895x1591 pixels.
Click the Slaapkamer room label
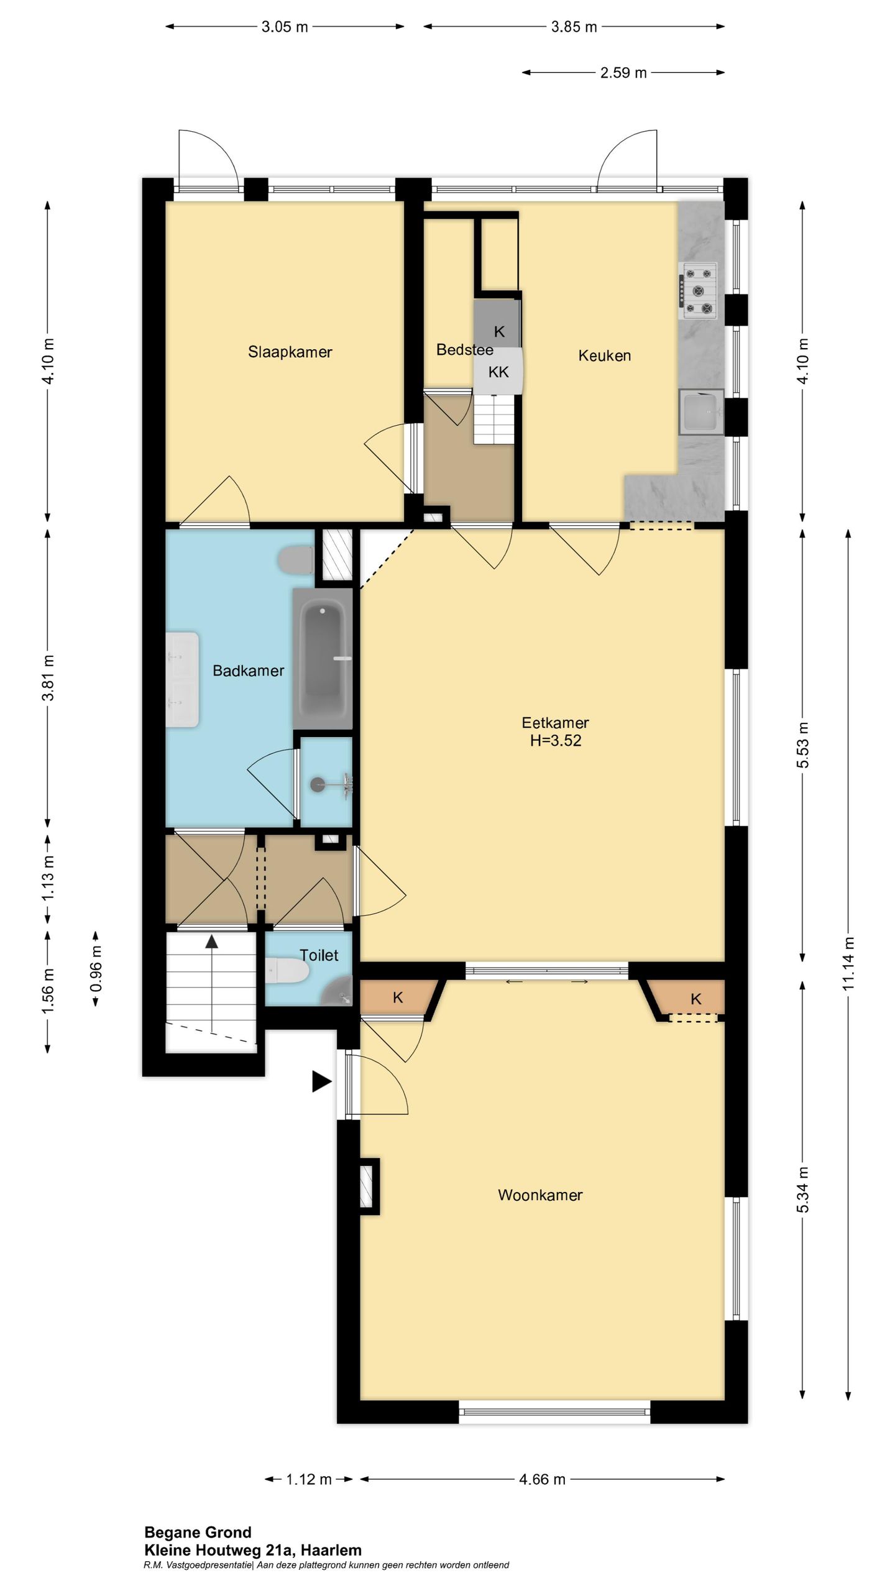click(290, 352)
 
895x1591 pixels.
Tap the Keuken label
click(604, 355)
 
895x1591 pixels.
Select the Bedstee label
click(464, 349)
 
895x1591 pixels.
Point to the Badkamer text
click(248, 671)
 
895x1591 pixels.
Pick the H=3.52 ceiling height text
click(556, 740)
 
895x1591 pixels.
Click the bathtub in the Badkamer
click(323, 659)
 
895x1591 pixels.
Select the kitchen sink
click(701, 412)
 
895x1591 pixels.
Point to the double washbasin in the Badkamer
click(182, 680)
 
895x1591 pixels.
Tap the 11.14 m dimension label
click(849, 963)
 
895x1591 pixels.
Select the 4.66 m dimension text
click(542, 1479)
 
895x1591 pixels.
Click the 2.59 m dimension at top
click(623, 73)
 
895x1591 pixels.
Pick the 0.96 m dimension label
click(96, 970)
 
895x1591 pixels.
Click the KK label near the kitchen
click(498, 372)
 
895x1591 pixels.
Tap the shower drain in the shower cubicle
click(318, 784)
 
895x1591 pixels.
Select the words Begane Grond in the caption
click(198, 1533)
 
